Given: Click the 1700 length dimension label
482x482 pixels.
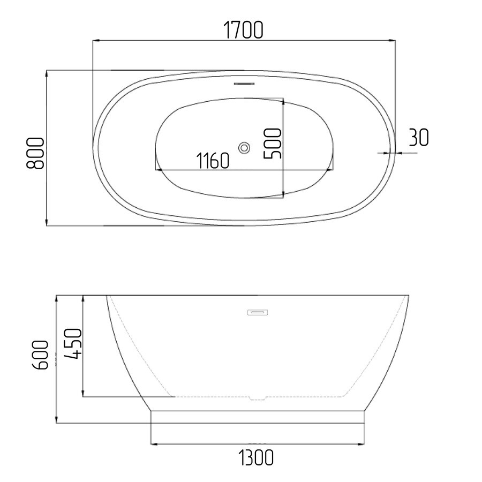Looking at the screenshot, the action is tap(243, 30).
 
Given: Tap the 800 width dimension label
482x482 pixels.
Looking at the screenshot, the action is tap(35, 153).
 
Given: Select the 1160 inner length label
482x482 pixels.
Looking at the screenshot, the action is tap(213, 161).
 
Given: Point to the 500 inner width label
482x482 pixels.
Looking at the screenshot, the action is tap(273, 144).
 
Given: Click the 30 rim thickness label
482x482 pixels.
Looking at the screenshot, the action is tap(419, 138).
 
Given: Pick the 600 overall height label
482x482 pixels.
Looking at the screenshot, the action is tap(40, 355).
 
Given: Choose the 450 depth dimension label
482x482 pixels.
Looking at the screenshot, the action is tap(73, 343).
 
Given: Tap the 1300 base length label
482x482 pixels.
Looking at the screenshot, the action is tap(256, 457).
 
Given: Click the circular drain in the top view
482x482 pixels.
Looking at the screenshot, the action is tap(244, 148).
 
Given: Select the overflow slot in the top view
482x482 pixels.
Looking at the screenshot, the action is tap(244, 84).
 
